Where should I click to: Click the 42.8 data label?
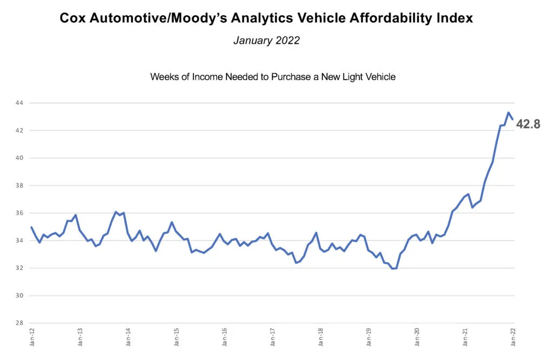pyautogui.click(x=529, y=124)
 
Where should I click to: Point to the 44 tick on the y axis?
pyautogui.click(x=19, y=103)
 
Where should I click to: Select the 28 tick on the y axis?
pyautogui.click(x=19, y=323)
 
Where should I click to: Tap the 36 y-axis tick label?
pyautogui.click(x=19, y=213)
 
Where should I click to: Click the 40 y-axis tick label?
pyautogui.click(x=19, y=158)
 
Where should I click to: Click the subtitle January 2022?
pyautogui.click(x=266, y=41)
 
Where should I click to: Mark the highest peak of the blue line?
pyautogui.click(x=509, y=112)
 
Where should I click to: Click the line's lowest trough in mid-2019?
pyautogui.click(x=393, y=269)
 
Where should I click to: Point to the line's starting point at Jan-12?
pyautogui.click(x=32, y=227)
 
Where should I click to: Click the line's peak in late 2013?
pyautogui.click(x=116, y=212)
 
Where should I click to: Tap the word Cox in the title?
pyautogui.click(x=74, y=18)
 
